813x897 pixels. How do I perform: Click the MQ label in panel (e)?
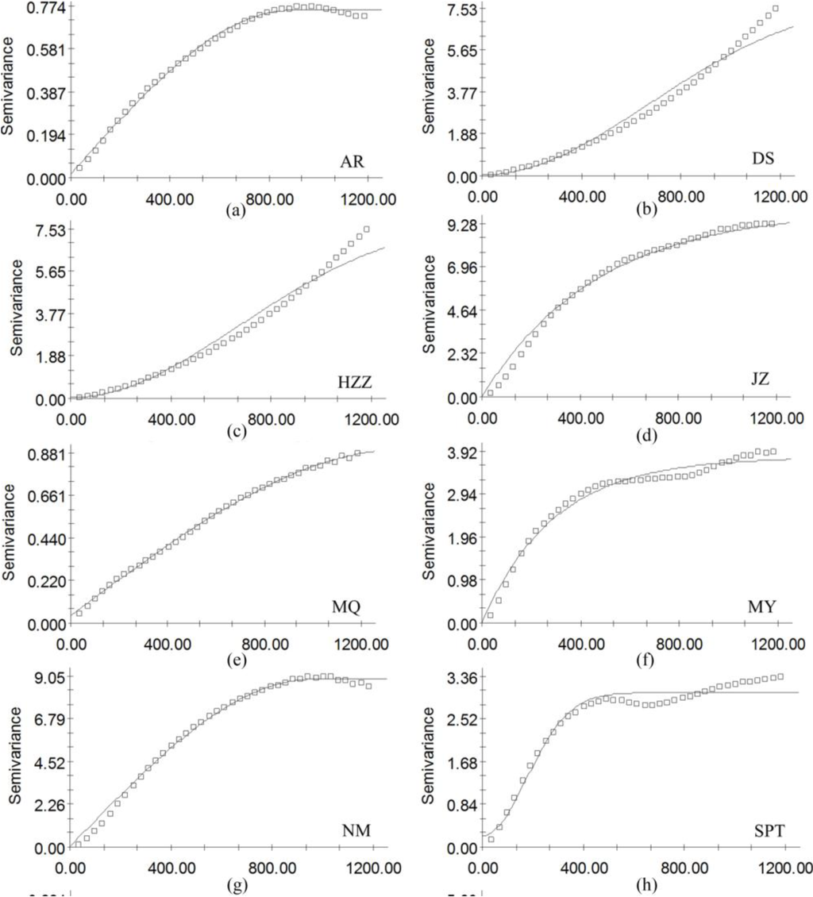click(348, 609)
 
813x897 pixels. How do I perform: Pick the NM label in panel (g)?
click(349, 831)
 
